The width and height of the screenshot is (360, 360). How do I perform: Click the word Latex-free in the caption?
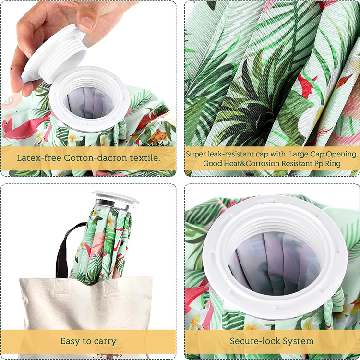click(x=36, y=157)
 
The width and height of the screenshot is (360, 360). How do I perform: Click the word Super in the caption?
click(x=197, y=154)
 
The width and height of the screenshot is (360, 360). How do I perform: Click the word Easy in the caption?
click(x=71, y=341)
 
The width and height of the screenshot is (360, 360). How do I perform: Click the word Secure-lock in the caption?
click(x=256, y=341)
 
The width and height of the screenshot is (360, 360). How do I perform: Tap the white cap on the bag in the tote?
click(x=115, y=198)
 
